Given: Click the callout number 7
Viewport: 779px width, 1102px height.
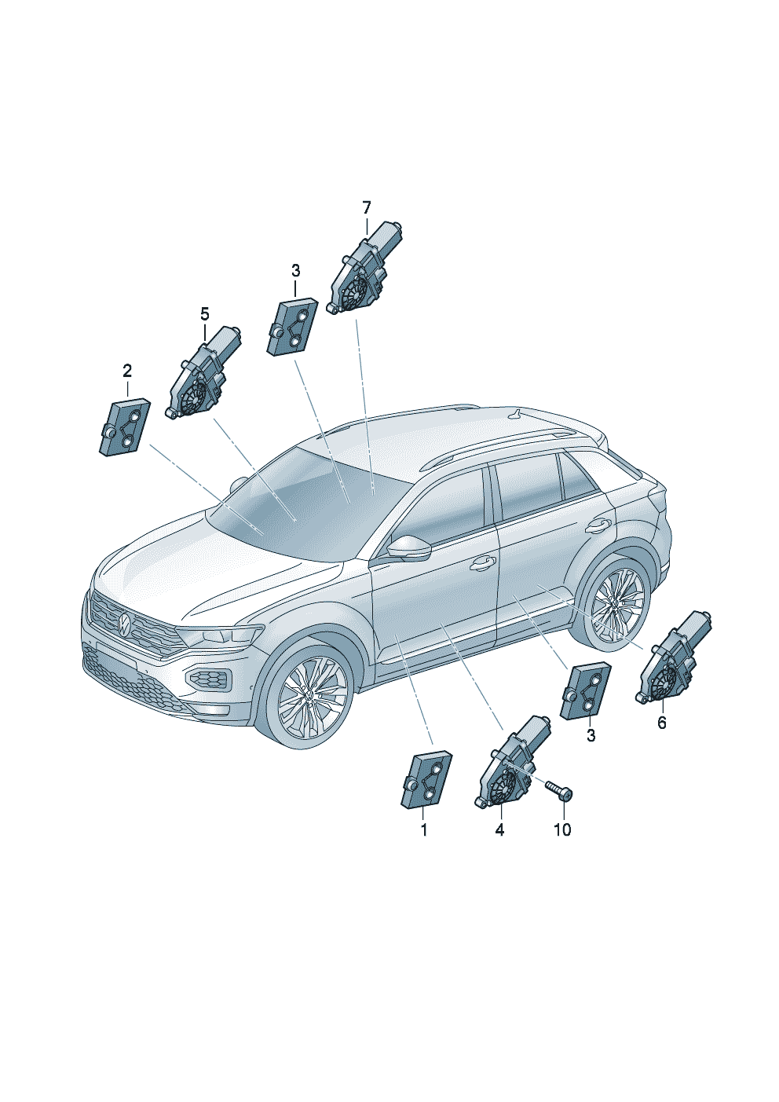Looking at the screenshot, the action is (367, 208).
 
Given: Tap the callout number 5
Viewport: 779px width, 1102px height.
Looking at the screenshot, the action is (205, 313).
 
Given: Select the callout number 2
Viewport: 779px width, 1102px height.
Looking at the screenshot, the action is (127, 371).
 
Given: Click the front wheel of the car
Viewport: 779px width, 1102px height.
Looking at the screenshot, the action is (310, 694).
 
